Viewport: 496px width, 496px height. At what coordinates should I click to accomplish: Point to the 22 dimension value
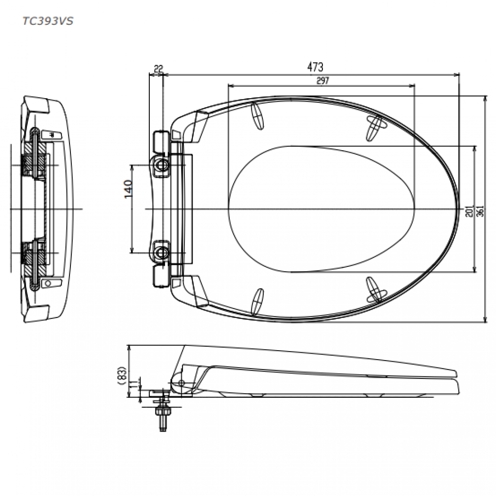[x=157, y=68]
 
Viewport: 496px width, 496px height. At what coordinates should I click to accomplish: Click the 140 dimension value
[x=128, y=189]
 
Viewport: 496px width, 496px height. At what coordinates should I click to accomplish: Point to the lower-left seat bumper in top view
[x=258, y=301]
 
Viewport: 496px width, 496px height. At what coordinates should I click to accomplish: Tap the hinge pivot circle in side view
[x=181, y=383]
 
